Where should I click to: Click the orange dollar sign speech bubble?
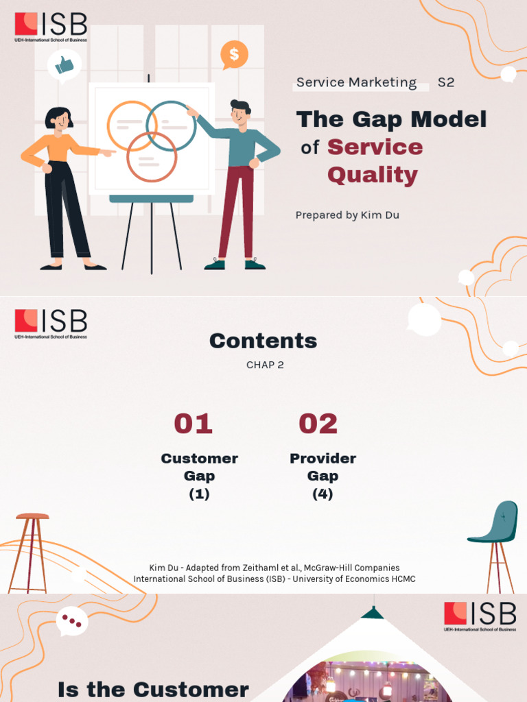234,55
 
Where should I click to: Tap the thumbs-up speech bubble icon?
65,66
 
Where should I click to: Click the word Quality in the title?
372,175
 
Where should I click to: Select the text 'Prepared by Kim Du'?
347,215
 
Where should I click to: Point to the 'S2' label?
446,83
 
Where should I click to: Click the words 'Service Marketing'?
356,83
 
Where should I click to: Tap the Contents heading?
263,341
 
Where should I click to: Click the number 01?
193,424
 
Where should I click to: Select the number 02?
318,424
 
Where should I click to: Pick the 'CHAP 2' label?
265,365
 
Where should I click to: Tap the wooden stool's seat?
32,516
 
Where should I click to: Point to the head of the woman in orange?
59,119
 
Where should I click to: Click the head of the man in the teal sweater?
239,112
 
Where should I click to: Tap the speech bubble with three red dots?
72,621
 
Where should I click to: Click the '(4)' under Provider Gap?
323,494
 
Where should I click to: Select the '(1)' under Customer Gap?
199,494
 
